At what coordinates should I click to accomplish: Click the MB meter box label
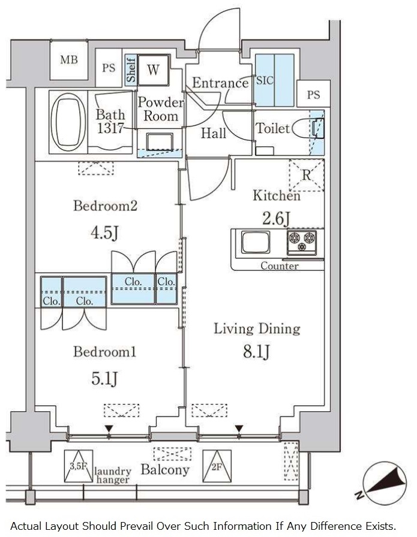[69, 60]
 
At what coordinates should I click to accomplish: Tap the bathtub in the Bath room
[68, 122]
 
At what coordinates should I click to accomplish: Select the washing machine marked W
[153, 70]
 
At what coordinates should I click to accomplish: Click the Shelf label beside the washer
[131, 70]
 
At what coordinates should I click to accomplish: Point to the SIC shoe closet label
[265, 80]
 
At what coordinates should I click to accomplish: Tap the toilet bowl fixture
[308, 128]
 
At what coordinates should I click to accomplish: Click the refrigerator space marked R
[306, 175]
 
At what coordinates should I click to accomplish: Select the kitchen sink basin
[256, 242]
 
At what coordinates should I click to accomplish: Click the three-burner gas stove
[302, 242]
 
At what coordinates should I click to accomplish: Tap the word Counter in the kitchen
[279, 266]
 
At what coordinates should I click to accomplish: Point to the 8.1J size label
[257, 351]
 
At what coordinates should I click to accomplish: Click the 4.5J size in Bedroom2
[105, 233]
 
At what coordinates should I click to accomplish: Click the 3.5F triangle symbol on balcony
[79, 466]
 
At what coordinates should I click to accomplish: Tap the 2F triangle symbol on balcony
[217, 466]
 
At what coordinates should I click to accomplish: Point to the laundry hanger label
[113, 476]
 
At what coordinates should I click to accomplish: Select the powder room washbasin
[160, 143]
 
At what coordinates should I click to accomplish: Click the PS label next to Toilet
[313, 95]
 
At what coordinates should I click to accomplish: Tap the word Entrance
[220, 83]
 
